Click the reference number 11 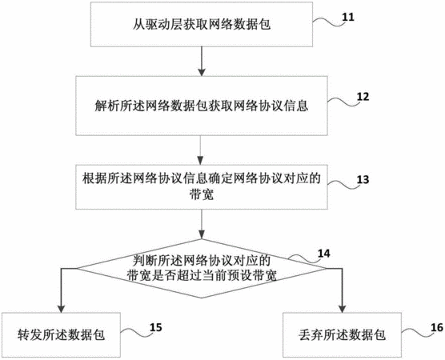click(348, 18)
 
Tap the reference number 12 click(363, 97)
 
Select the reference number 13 click(363, 179)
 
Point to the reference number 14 click(324, 254)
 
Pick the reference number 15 click(155, 327)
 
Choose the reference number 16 click(437, 328)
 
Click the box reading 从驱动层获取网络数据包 click(202, 24)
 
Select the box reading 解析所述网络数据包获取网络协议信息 click(202, 106)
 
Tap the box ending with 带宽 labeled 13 click(202, 187)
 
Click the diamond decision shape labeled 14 click(202, 268)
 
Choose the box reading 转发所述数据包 click(61, 335)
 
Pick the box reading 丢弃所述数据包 click(342, 335)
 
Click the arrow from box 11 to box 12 click(202, 62)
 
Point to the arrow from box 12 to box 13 click(201, 150)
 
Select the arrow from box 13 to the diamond click(202, 224)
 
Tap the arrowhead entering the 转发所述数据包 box click(61, 309)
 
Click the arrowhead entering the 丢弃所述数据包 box click(343, 309)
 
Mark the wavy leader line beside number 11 click(329, 22)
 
